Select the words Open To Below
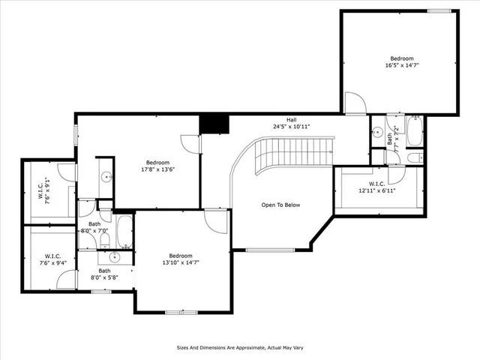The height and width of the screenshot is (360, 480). point(280,204)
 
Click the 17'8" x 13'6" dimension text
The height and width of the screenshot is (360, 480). point(157,169)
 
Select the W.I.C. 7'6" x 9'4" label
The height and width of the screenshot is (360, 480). point(52,259)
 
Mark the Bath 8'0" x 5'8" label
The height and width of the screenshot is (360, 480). point(105,274)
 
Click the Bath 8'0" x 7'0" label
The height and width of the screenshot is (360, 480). point(94,227)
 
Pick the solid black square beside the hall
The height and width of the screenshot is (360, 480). point(214,124)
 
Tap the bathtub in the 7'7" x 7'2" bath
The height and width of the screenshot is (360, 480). point(414,131)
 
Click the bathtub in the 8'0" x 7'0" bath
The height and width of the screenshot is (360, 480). point(124,232)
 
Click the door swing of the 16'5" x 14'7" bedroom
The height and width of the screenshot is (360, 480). point(355,103)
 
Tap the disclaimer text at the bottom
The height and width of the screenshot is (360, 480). point(239,347)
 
